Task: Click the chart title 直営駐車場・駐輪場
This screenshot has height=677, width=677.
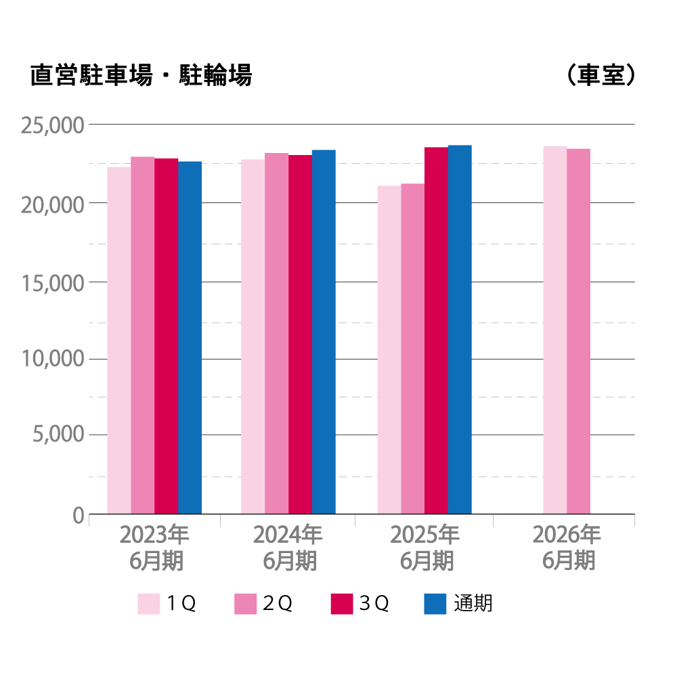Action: click(x=141, y=75)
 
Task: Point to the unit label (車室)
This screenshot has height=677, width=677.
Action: click(x=600, y=75)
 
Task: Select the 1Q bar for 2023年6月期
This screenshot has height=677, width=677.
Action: click(x=119, y=341)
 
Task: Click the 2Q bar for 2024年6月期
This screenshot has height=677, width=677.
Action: click(x=276, y=333)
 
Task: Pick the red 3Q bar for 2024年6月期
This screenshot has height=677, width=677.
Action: click(x=300, y=334)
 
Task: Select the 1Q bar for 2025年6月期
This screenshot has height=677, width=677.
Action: click(x=389, y=349)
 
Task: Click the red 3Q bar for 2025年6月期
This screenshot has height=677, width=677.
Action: click(x=436, y=330)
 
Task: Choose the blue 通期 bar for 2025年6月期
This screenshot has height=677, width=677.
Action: click(x=460, y=329)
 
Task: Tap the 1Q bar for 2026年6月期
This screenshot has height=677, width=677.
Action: click(x=555, y=330)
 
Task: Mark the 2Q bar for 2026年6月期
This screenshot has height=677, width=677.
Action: click(x=579, y=331)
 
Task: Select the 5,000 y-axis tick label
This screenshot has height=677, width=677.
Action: click(x=58, y=435)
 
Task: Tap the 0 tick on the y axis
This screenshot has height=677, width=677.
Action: click(x=78, y=515)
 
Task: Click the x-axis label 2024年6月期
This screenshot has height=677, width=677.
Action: click(x=288, y=548)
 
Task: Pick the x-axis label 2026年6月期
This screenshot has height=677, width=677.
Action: click(x=567, y=548)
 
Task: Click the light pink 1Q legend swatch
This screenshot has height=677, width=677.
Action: click(x=149, y=603)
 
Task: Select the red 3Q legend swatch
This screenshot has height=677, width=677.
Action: click(x=342, y=603)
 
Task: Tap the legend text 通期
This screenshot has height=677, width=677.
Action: click(x=473, y=603)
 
